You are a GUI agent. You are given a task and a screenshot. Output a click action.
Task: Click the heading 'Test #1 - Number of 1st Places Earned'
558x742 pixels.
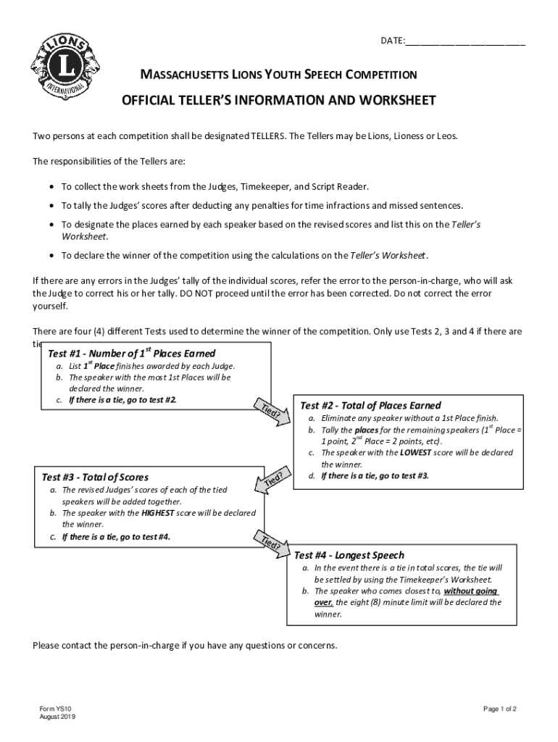pyautogui.click(x=131, y=354)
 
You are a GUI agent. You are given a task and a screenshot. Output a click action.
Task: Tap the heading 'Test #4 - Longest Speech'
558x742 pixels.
pyautogui.click(x=349, y=555)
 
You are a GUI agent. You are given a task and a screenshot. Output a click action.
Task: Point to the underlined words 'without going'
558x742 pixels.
pyautogui.click(x=470, y=591)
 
